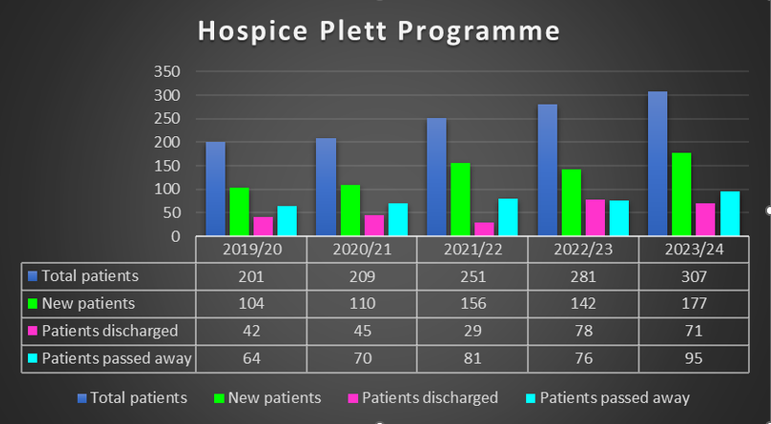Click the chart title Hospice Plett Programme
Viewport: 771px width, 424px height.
(378, 31)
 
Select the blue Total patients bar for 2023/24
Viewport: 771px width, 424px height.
(657, 164)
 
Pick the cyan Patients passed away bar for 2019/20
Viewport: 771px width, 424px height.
(286, 221)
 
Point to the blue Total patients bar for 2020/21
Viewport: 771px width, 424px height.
(325, 187)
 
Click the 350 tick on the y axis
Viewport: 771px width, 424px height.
(167, 72)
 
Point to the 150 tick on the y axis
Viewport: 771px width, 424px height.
(167, 165)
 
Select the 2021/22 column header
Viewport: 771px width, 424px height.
(472, 249)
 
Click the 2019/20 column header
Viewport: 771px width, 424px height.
(252, 249)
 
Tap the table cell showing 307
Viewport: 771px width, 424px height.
(692, 276)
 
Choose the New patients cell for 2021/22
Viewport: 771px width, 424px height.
(472, 304)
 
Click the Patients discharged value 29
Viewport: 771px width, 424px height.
(472, 332)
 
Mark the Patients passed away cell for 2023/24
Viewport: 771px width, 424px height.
(692, 360)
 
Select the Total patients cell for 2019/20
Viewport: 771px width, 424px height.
(252, 276)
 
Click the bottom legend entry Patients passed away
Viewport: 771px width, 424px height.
(614, 397)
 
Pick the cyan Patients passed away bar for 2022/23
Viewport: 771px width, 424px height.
(618, 218)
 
